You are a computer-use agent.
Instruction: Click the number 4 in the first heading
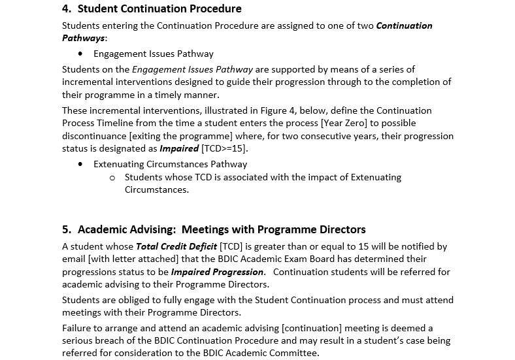[x=65, y=9]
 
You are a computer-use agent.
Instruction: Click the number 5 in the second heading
[x=65, y=229]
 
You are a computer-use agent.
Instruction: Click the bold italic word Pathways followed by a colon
[x=83, y=38]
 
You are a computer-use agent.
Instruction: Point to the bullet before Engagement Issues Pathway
[x=80, y=54]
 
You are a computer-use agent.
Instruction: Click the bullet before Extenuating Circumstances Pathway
[x=80, y=164]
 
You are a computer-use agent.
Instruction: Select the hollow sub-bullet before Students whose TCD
[x=112, y=177]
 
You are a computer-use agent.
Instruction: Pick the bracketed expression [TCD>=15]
[x=225, y=148]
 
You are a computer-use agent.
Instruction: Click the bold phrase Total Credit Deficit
[x=176, y=246]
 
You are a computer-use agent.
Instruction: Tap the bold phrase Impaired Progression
[x=217, y=272]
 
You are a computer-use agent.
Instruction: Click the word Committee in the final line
[x=296, y=353]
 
